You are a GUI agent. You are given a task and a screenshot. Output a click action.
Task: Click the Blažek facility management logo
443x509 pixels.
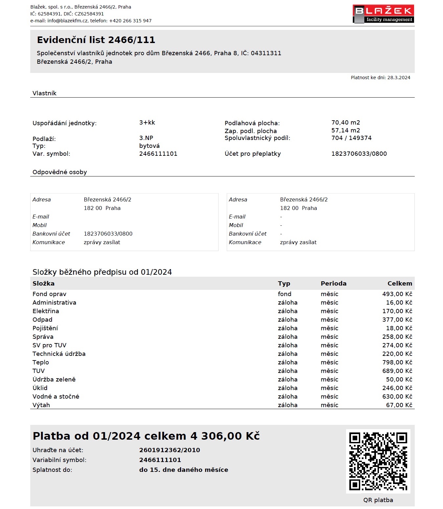383,14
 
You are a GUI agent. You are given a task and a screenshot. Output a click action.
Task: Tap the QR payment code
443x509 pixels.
378,461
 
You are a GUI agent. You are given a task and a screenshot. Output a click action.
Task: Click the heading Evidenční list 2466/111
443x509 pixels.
96,40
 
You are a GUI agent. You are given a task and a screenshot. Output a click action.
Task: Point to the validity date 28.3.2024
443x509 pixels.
399,78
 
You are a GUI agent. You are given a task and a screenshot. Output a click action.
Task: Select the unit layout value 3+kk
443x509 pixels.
147,123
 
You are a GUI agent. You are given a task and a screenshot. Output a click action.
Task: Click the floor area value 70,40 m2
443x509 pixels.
345,123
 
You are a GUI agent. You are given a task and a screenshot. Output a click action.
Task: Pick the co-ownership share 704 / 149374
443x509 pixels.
351,138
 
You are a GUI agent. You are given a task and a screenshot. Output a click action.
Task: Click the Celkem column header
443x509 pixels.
400,284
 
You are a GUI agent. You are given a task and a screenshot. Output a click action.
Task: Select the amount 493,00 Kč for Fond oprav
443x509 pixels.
397,294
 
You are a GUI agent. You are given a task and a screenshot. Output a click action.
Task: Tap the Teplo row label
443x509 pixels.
41,362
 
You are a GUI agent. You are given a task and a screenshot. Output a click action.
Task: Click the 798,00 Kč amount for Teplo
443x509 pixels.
397,362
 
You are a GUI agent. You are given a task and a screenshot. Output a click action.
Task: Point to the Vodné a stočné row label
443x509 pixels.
56,397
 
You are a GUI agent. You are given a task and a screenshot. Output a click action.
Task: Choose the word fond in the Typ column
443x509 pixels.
285,294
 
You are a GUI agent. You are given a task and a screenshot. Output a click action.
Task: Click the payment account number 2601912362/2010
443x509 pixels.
170,450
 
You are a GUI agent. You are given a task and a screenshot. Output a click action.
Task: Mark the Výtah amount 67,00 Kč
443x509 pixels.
399,405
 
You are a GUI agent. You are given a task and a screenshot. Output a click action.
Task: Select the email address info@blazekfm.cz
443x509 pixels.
68,21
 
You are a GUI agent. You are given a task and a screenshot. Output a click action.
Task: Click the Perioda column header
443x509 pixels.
334,284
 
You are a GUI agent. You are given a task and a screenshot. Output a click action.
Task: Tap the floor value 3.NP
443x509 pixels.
146,138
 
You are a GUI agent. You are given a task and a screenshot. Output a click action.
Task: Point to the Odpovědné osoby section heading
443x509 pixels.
60,172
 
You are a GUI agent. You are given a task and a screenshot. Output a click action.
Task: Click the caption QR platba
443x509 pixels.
378,500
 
